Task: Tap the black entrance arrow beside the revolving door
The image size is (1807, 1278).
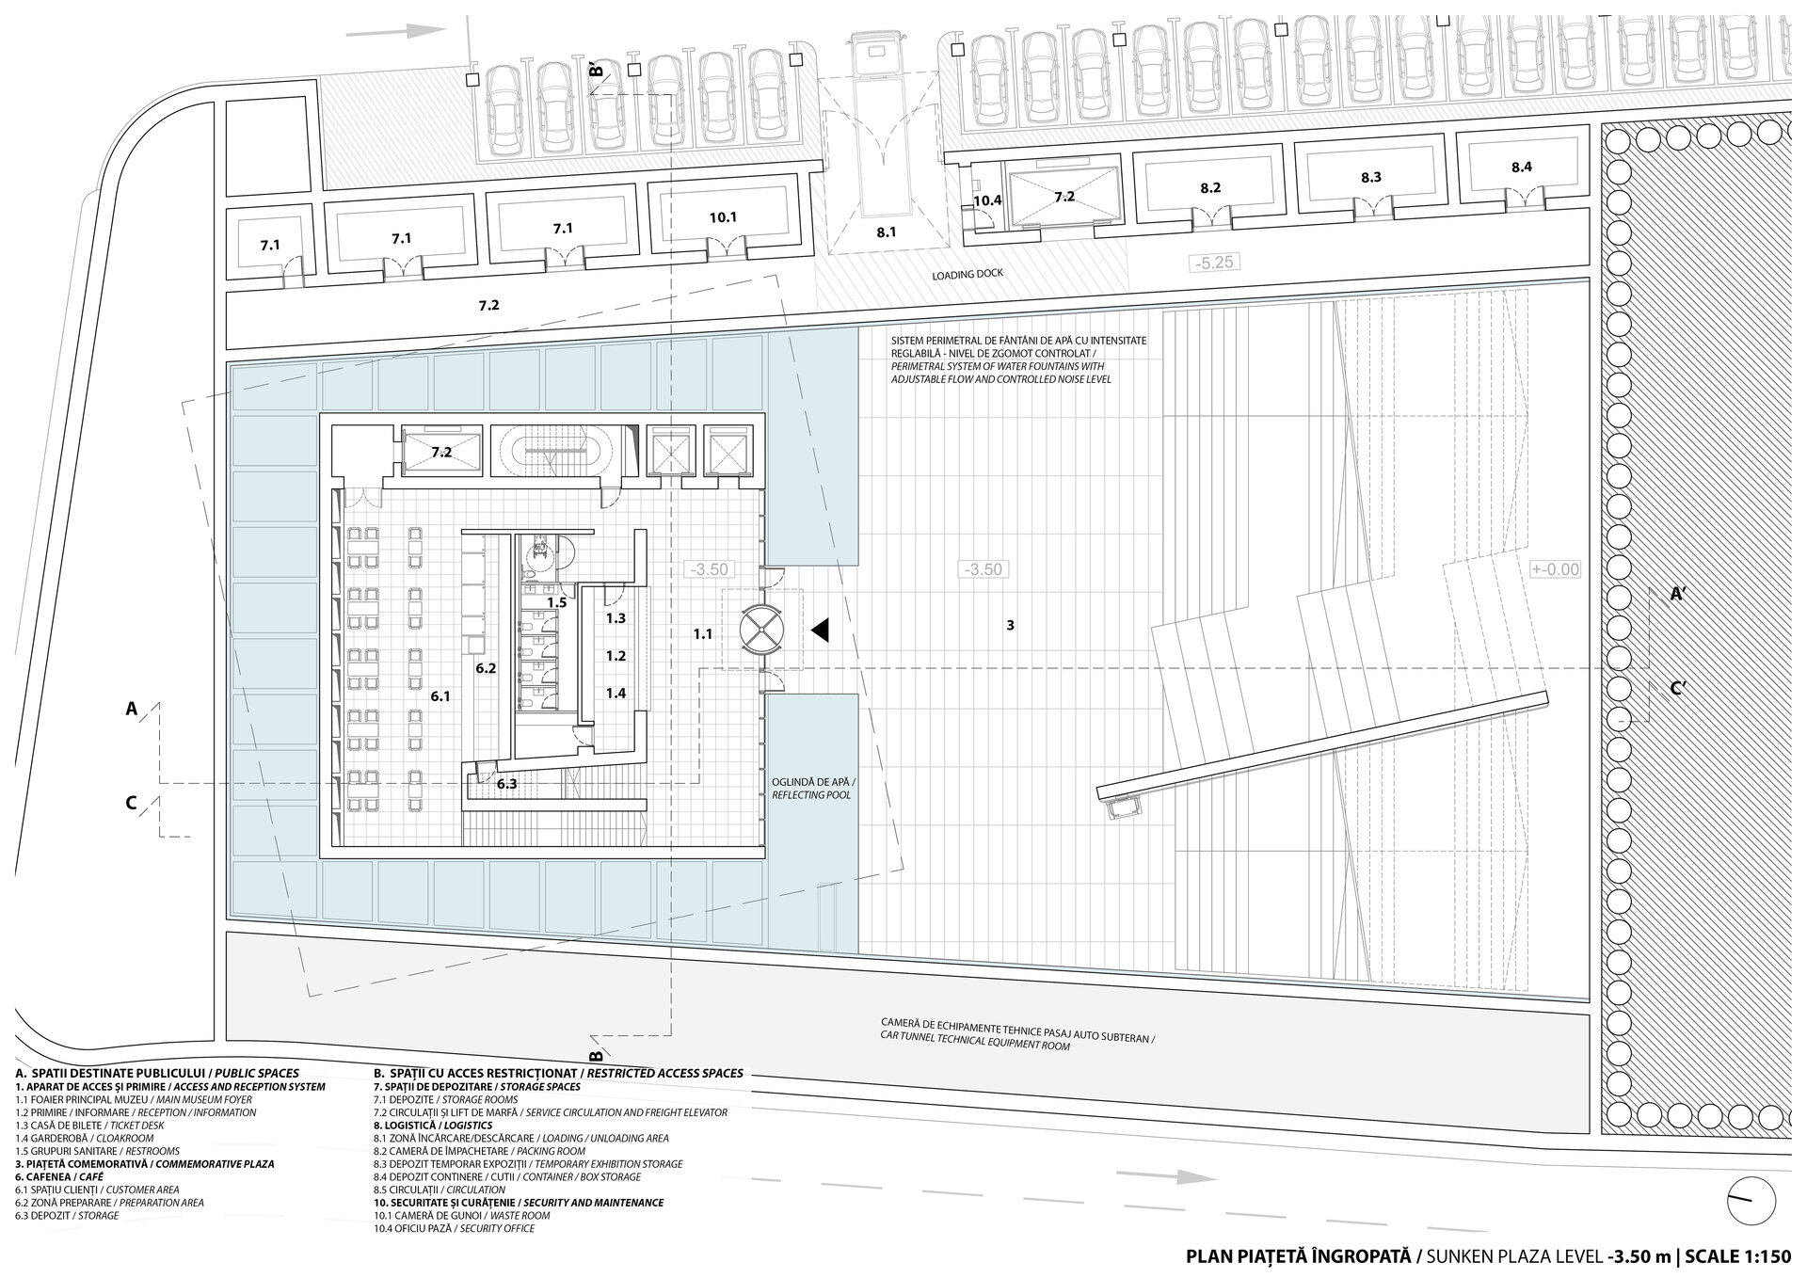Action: [820, 631]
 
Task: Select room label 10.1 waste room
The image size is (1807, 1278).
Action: [723, 217]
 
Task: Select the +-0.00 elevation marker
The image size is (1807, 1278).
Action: [1555, 569]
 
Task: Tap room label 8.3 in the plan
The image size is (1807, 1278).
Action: [1370, 177]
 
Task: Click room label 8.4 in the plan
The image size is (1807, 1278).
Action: [1522, 168]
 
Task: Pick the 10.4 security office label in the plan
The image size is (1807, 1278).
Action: [987, 200]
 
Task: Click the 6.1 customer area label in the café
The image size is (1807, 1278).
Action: [440, 696]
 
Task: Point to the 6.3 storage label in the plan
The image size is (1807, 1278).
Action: [506, 784]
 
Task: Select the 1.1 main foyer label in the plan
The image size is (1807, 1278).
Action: [702, 634]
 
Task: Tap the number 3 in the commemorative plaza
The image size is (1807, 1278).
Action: [1010, 624]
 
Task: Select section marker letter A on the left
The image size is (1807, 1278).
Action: [132, 710]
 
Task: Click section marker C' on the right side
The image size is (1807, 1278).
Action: [1677, 688]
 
